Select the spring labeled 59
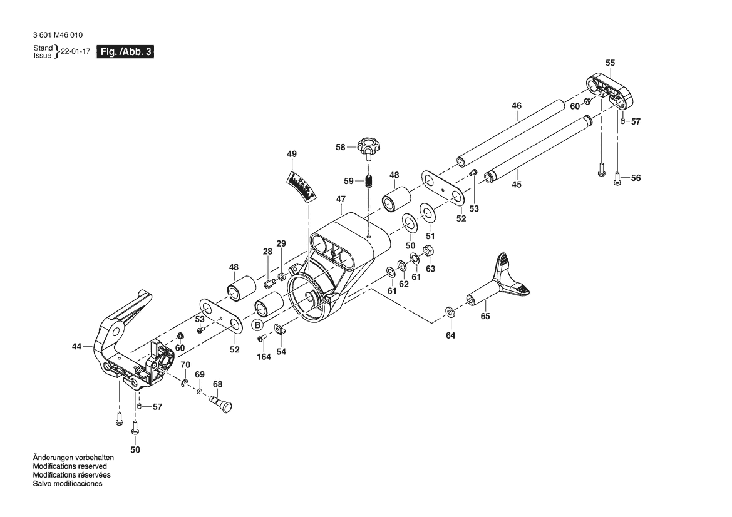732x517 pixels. point(369,182)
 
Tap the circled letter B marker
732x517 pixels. point(257,325)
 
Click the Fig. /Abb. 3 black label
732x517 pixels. point(125,53)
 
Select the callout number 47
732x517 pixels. point(341,199)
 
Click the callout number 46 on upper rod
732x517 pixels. point(517,106)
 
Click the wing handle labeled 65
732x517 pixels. point(501,281)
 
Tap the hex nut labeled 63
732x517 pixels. point(430,252)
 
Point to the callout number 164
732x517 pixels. point(263,357)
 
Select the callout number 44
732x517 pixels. point(76,346)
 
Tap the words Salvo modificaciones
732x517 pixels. point(67,484)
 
